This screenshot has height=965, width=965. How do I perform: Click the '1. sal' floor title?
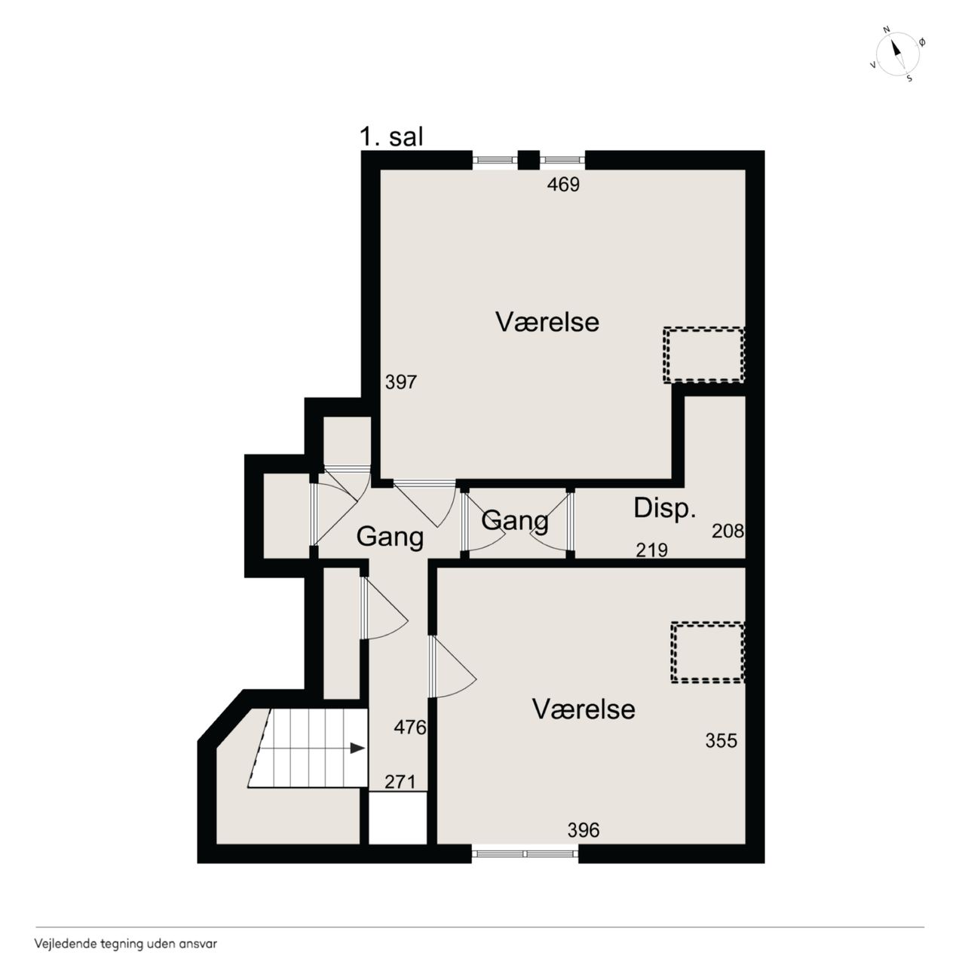click(x=391, y=136)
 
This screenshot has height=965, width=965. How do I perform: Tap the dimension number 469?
click(x=563, y=185)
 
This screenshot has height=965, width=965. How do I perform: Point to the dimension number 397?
click(x=400, y=382)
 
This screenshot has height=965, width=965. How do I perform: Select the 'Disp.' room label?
click(x=664, y=507)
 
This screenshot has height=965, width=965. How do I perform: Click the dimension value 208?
click(x=728, y=531)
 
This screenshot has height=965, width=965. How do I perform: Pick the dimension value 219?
click(x=651, y=550)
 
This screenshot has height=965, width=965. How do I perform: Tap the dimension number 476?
click(x=409, y=727)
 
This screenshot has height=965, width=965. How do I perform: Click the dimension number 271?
click(x=400, y=782)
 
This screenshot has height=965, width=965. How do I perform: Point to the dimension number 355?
click(x=721, y=740)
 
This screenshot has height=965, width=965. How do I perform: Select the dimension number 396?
click(x=583, y=830)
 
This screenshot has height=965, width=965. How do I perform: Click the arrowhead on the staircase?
click(x=357, y=748)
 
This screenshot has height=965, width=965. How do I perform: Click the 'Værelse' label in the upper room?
click(x=547, y=321)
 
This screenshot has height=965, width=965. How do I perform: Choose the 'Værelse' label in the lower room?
click(x=584, y=709)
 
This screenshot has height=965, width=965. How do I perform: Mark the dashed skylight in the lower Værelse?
click(x=708, y=652)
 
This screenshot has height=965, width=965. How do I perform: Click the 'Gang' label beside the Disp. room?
click(x=515, y=522)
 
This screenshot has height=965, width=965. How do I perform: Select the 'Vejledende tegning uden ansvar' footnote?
click(x=126, y=943)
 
